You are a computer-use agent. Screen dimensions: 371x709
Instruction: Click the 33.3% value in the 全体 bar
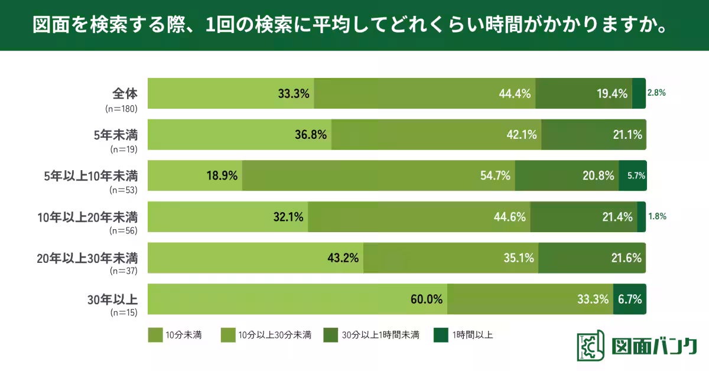pyautogui.click(x=294, y=93)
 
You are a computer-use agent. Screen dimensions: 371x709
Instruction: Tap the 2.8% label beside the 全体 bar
pyautogui.click(x=656, y=93)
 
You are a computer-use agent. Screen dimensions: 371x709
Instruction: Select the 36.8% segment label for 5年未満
pyautogui.click(x=311, y=135)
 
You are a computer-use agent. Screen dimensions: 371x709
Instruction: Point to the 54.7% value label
pyautogui.click(x=495, y=175)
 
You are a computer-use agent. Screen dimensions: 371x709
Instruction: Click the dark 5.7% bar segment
pyautogui.click(x=633, y=175)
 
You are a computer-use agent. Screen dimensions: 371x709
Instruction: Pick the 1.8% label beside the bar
pyautogui.click(x=657, y=216)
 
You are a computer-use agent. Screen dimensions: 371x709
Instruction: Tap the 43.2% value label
pyautogui.click(x=343, y=258)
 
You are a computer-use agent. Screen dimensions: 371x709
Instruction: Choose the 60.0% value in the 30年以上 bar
pyautogui.click(x=427, y=299)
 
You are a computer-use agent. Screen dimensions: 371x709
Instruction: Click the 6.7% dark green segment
pyautogui.click(x=630, y=299)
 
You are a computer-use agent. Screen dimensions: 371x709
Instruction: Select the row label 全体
pyautogui.click(x=125, y=93)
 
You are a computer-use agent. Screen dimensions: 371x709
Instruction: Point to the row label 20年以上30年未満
pyautogui.click(x=87, y=258)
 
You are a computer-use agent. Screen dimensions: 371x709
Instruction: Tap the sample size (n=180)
pyautogui.click(x=121, y=109)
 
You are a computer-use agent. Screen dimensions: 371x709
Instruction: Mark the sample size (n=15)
pyautogui.click(x=123, y=313)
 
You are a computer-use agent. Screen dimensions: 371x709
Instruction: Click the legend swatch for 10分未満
pyautogui.click(x=155, y=335)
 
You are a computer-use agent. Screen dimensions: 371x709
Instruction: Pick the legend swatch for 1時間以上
pyautogui.click(x=441, y=335)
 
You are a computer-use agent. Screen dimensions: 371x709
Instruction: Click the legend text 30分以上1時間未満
pyautogui.click(x=380, y=335)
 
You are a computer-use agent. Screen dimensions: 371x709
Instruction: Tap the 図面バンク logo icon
pyautogui.click(x=590, y=346)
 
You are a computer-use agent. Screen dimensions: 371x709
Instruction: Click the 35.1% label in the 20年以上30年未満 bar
pyautogui.click(x=519, y=258)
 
